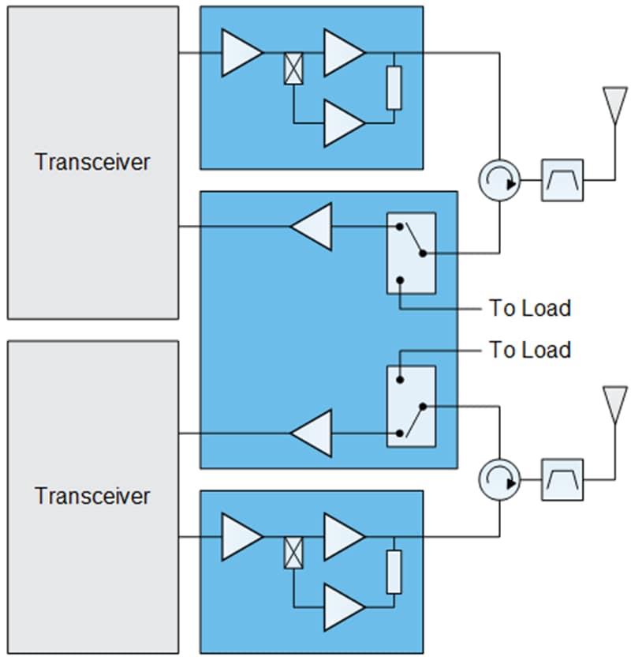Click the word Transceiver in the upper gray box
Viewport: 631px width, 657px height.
tap(92, 162)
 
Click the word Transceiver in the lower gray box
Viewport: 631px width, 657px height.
tap(92, 496)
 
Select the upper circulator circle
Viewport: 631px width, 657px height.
tap(499, 180)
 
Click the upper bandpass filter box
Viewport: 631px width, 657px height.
tap(562, 180)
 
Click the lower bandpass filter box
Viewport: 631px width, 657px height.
tap(562, 479)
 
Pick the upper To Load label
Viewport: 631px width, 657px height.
tap(529, 308)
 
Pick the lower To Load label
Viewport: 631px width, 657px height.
tap(529, 349)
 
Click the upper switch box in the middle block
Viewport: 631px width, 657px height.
tap(411, 253)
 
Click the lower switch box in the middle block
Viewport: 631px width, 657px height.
tap(411, 406)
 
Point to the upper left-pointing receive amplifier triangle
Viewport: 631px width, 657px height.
tap(312, 227)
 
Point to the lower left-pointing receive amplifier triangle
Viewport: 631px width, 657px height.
tap(312, 434)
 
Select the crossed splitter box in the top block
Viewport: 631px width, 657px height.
tap(293, 69)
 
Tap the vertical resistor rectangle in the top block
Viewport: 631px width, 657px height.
tap(394, 88)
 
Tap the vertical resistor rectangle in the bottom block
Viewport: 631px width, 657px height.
tap(394, 572)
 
